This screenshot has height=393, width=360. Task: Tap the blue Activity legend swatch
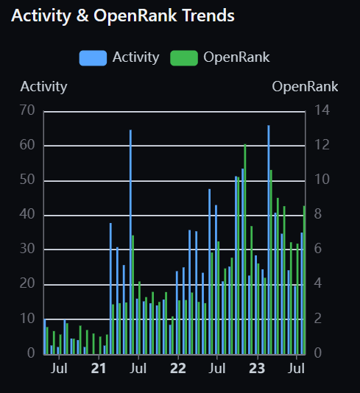coord(93,57)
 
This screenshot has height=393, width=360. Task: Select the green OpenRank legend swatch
coord(184,57)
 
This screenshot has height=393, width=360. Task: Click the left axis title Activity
coord(44,86)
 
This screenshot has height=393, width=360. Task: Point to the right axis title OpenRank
coord(305,86)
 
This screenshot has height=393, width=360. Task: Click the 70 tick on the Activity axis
coord(28,111)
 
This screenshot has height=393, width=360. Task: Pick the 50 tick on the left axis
coord(28,180)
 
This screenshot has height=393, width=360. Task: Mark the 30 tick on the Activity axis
coord(28,249)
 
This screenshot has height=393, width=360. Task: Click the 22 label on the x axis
coord(178,368)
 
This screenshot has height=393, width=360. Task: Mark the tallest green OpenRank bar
coord(244,249)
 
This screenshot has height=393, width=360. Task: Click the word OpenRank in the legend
coord(236,57)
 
